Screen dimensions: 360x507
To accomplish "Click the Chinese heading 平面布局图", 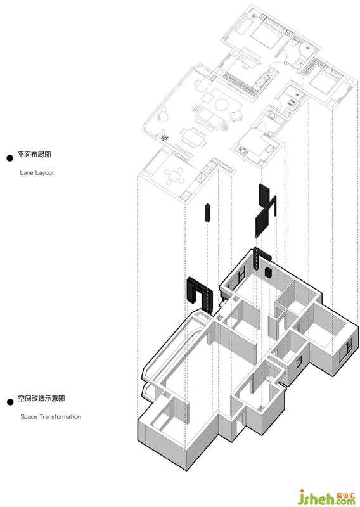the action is coord(34,154).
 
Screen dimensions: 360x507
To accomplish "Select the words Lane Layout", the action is coord(37,172).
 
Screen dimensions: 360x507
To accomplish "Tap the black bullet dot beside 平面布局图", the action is coord(10,158).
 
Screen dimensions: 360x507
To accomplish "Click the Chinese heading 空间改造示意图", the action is coord(41,398).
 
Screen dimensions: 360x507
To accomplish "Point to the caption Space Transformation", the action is coord(51,416).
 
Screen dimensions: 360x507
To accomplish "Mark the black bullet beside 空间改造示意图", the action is coord(10,402).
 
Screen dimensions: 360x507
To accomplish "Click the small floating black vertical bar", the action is coord(207,212).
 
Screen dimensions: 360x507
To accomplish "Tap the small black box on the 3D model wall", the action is coord(268,273).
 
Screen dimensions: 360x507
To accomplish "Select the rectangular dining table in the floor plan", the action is coord(193,138).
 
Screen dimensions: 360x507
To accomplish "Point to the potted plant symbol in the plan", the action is coord(164,138).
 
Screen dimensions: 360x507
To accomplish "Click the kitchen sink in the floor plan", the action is coord(242,150).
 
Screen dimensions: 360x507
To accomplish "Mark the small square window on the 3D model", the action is coord(299,362).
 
